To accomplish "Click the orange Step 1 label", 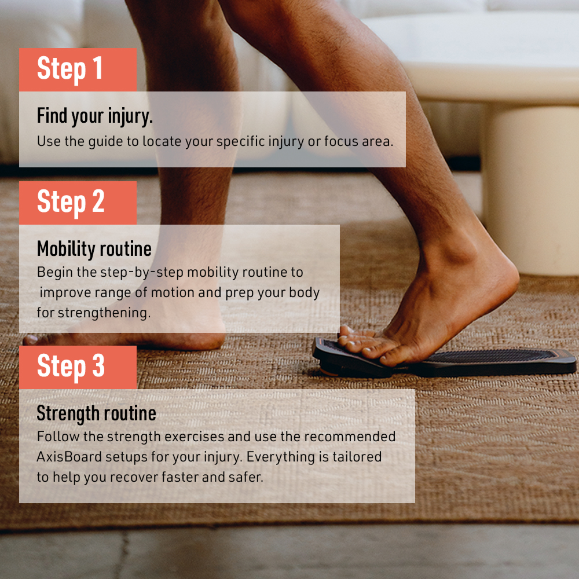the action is (78, 69).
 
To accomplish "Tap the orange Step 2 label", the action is (78, 203).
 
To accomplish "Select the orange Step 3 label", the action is (78, 367).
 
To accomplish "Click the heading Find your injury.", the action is (94, 116).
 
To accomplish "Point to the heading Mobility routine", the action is (94, 249).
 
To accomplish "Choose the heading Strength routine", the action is (96, 413).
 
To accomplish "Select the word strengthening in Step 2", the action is (102, 313).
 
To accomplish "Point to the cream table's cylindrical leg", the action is (530, 188).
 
